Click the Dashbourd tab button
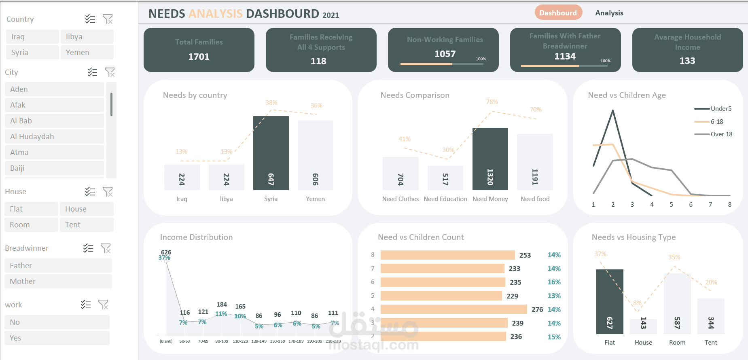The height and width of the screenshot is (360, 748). point(558,13)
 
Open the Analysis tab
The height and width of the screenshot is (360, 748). point(609,13)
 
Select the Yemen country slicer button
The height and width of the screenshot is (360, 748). point(87,52)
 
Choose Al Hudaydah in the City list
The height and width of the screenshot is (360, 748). point(54,136)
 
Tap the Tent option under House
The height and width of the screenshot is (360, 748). point(87,224)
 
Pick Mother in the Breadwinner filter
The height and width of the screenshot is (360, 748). point(58,281)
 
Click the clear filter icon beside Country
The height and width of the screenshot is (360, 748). point(108,19)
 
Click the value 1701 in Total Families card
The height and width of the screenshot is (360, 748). point(199,57)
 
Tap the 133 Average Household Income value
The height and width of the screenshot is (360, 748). point(687,61)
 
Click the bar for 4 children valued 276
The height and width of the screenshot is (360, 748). point(453,309)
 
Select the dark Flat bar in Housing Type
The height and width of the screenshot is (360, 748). point(609,301)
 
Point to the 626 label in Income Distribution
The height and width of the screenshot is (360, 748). point(166,252)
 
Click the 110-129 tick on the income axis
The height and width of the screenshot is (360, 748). point(240,341)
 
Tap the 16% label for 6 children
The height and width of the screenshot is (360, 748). point(554,282)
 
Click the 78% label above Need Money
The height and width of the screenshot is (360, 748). point(492,102)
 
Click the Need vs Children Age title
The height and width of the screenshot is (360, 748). point(627,95)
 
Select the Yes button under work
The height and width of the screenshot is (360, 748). point(57,338)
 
